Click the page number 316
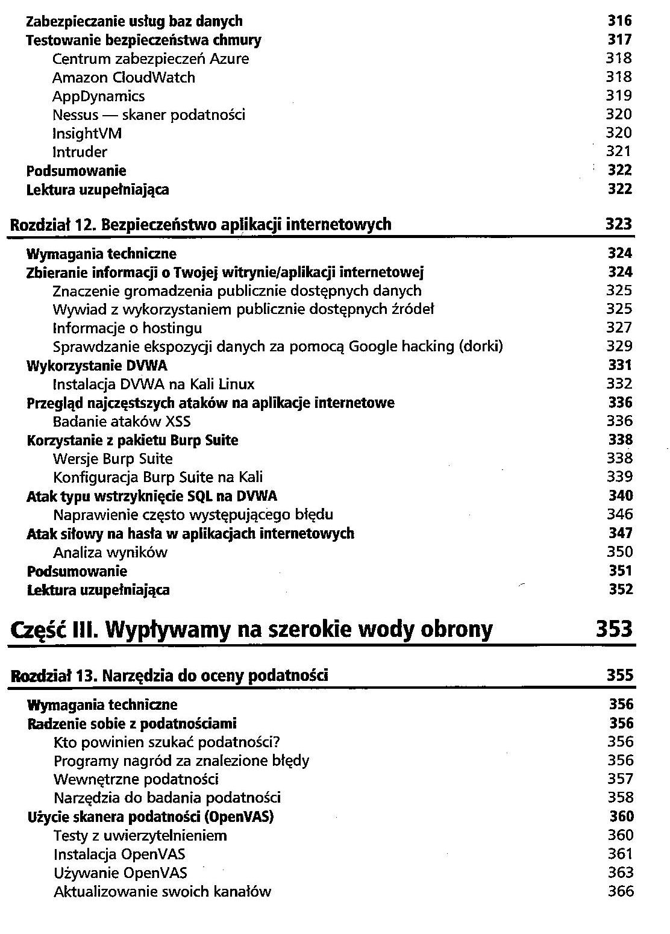[619, 21]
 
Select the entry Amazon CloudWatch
[124, 77]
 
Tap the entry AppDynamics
[98, 96]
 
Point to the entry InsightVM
[87, 133]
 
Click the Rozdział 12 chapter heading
[201, 225]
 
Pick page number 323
[619, 225]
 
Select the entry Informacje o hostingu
[127, 328]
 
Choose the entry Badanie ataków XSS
[122, 421]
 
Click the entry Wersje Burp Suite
[113, 459]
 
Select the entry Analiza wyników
[110, 552]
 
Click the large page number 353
[615, 629]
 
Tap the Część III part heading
[252, 629]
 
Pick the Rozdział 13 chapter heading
[170, 675]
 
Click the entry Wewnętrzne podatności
[136, 779]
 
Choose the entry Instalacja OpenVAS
[119, 854]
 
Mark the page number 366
[621, 891]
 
